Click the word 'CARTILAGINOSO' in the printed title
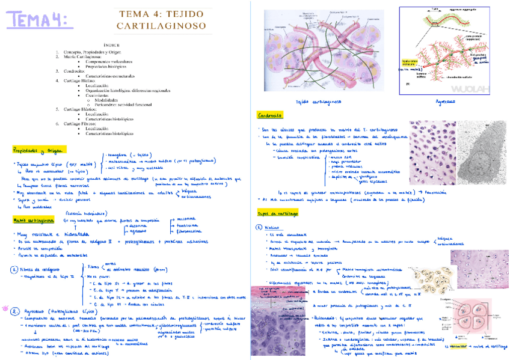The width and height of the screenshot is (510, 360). click(162, 26)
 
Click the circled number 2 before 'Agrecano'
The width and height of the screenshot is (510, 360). click(14, 311)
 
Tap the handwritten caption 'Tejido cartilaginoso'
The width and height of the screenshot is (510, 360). click(320, 102)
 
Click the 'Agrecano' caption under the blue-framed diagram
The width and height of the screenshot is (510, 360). click(446, 102)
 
